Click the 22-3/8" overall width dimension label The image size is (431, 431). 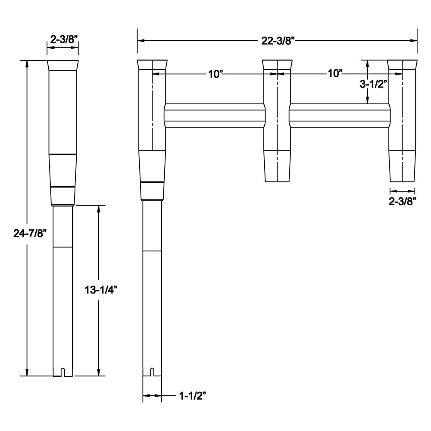pyautogui.click(x=278, y=41)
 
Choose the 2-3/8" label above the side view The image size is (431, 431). pyautogui.click(x=63, y=40)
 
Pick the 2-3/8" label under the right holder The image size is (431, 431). pyautogui.click(x=403, y=201)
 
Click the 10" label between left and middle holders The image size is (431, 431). pyautogui.click(x=215, y=74)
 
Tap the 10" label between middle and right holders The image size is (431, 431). pyautogui.click(x=334, y=74)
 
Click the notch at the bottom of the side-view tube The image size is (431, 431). pyautogui.click(x=63, y=372)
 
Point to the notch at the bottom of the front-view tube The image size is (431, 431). pyautogui.click(x=152, y=372)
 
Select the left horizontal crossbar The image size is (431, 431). pyautogui.click(x=214, y=116)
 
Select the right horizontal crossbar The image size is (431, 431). pyautogui.click(x=339, y=116)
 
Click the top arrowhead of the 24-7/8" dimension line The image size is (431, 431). pyautogui.click(x=28, y=63)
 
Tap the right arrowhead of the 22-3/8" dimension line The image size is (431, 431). pyautogui.click(x=414, y=41)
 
